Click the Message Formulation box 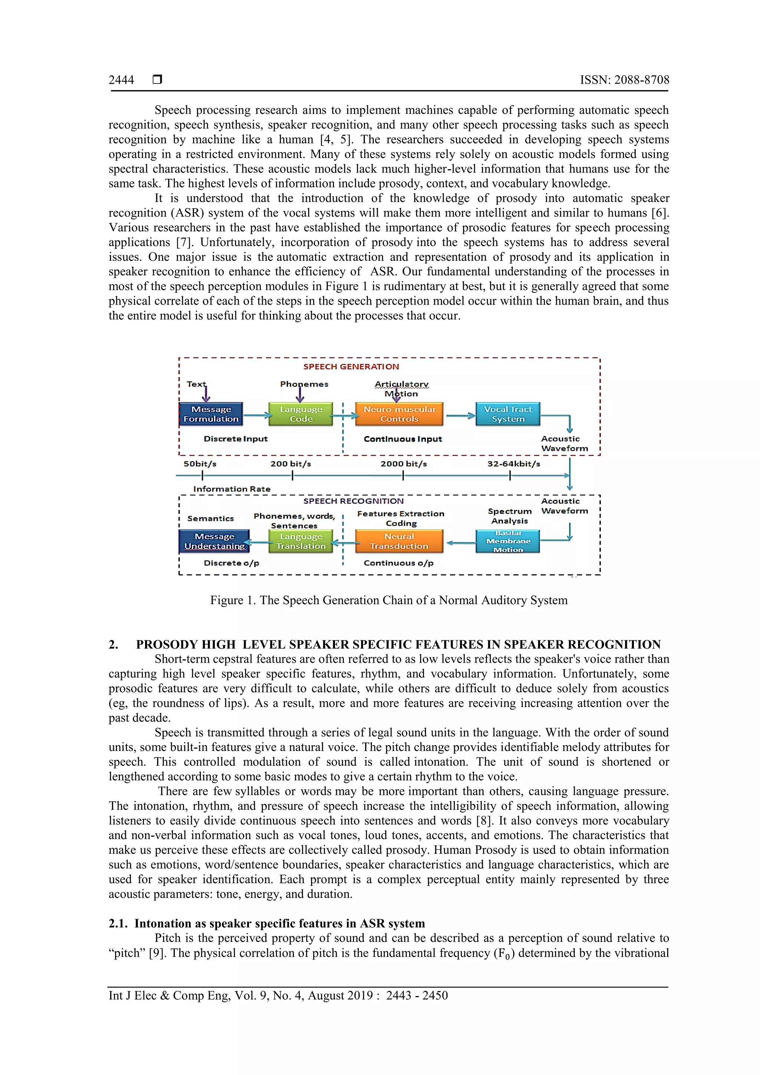(x=211, y=414)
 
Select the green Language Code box (x=301, y=414)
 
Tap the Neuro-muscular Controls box (x=399, y=414)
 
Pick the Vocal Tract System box (x=508, y=414)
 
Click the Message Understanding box (x=214, y=541)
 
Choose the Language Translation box (x=301, y=541)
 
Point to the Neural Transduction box (x=399, y=541)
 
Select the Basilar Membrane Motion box (x=508, y=541)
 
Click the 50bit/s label (x=200, y=464)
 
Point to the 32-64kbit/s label (x=514, y=464)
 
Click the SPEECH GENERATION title (x=351, y=367)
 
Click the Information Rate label (x=232, y=489)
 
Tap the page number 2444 (x=121, y=80)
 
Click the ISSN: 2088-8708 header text (x=624, y=80)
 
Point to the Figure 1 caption (x=389, y=600)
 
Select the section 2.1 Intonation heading (x=267, y=923)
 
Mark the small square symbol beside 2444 (x=157, y=79)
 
